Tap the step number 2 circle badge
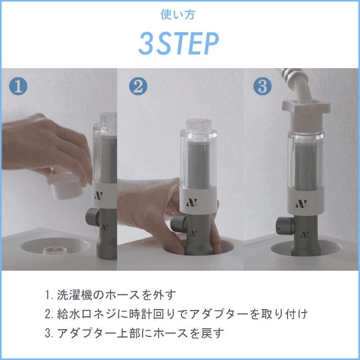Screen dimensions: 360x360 [138, 86]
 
